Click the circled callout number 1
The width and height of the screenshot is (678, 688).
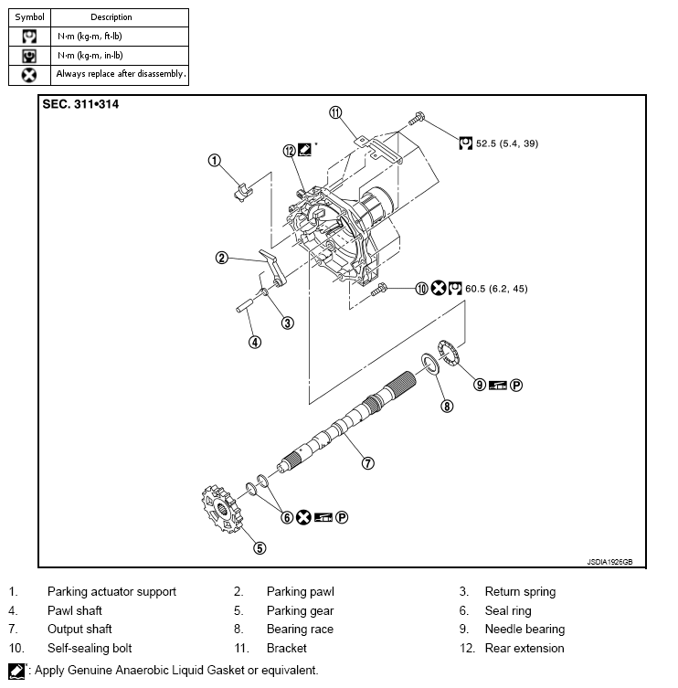coord(215,161)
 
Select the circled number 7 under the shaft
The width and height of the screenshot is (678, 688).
coord(367,462)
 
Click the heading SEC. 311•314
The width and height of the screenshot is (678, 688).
coord(81,104)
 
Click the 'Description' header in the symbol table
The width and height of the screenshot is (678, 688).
coord(111,16)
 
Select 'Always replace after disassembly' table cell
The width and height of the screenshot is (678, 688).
coord(120,74)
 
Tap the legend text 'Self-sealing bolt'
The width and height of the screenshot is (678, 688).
coord(90,649)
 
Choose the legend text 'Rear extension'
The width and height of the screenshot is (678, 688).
coord(524,649)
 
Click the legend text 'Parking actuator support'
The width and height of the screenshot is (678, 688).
coord(111,592)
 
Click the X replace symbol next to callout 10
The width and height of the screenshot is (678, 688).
coord(438,289)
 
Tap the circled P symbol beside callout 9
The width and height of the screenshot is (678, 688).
coord(515,386)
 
